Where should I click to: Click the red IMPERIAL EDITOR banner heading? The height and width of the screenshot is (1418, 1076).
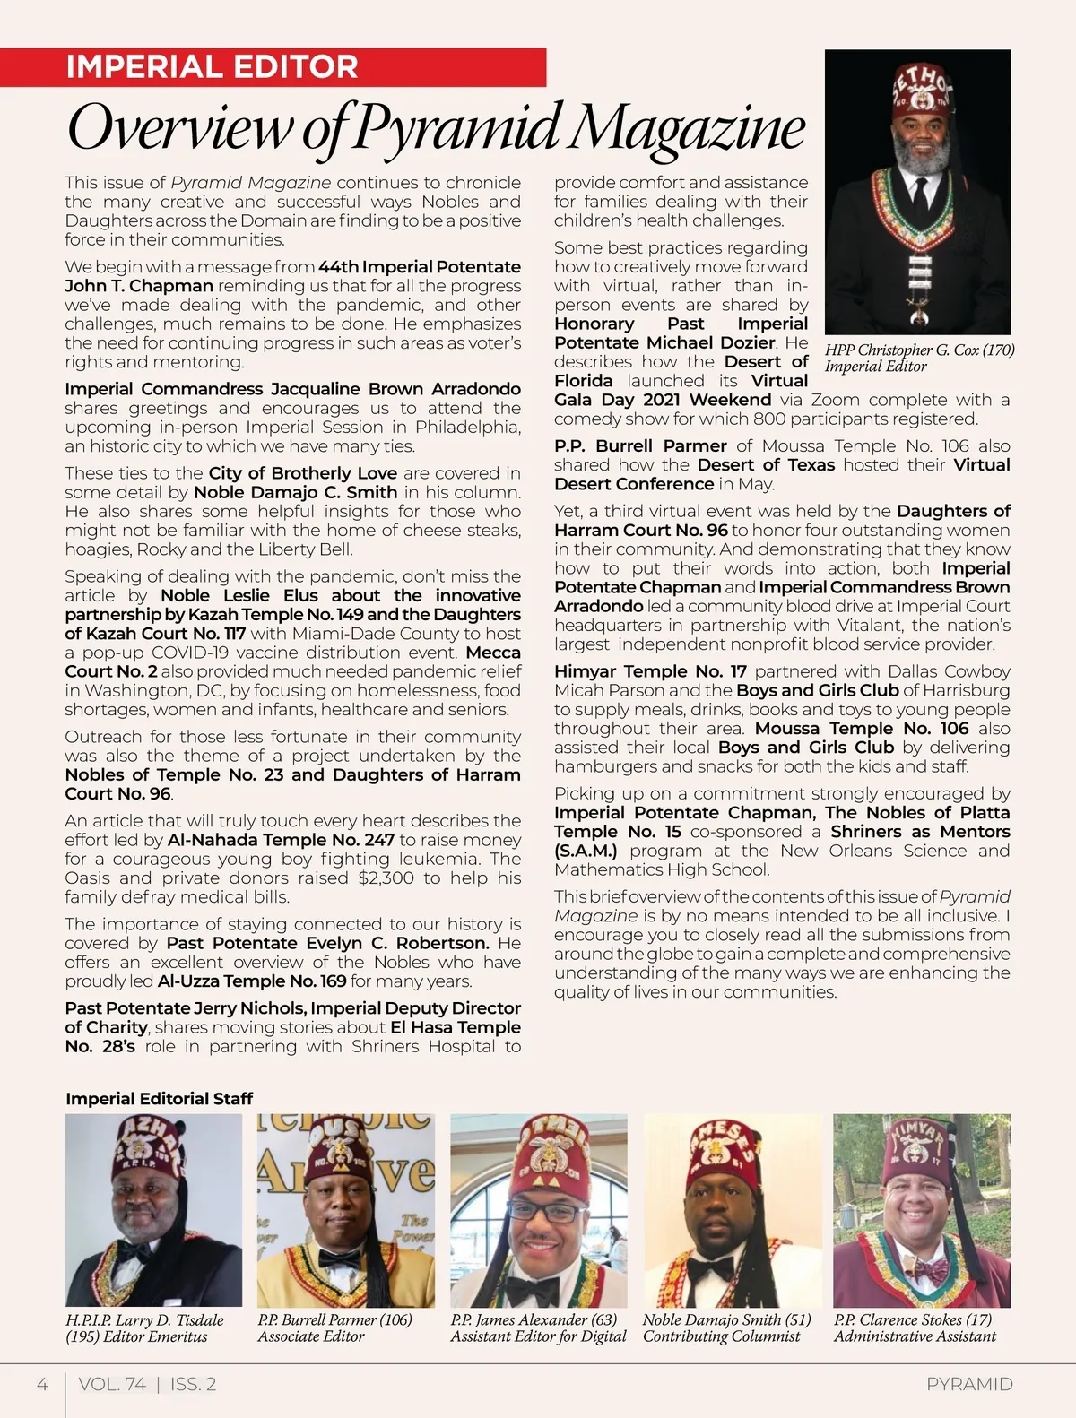212,67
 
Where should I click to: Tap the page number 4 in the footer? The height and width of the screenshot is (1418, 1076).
42,1384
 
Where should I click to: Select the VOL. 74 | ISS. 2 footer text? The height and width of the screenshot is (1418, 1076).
147,1384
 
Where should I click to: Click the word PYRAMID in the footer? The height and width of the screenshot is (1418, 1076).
969,1384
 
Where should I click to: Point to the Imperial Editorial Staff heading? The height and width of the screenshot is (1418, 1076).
159,1098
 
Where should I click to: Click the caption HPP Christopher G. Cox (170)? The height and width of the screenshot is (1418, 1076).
919,350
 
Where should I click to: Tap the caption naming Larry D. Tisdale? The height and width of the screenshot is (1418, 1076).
144,1319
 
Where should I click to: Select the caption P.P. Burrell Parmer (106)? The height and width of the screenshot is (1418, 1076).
334,1319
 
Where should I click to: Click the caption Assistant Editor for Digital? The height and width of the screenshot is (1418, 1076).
538,1336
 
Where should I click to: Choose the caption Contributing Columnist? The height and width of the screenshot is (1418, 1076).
721,1336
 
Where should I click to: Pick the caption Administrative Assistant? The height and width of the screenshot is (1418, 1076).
915,1336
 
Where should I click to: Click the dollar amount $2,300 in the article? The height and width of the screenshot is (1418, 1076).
386,878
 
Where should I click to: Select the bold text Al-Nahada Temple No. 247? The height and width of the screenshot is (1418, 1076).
281,840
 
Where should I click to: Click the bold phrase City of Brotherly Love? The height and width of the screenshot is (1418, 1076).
302,473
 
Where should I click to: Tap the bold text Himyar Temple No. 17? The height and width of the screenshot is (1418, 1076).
650,671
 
